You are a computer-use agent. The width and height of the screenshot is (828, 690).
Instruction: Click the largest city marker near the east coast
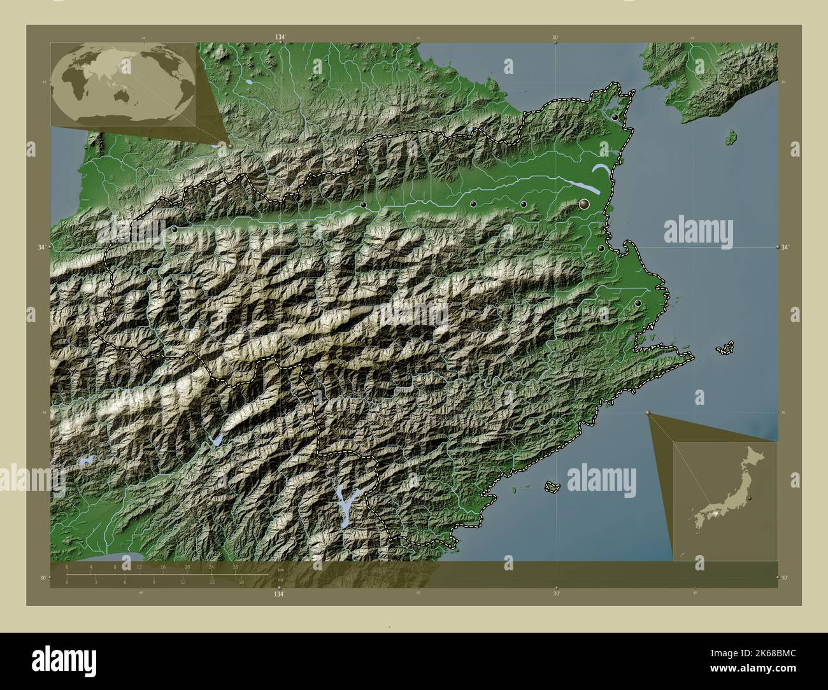click(x=584, y=204)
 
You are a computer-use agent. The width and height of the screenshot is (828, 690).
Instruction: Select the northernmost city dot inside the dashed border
click(x=615, y=118)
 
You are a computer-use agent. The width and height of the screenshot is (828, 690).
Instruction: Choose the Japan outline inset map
click(x=725, y=502)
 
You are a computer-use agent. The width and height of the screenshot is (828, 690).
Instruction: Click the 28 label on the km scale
click(x=235, y=567)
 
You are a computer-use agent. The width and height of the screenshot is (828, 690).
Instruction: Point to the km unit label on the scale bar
click(x=281, y=570)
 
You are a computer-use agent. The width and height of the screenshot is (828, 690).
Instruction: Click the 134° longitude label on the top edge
click(x=280, y=38)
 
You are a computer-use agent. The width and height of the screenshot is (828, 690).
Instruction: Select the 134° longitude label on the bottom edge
click(x=279, y=594)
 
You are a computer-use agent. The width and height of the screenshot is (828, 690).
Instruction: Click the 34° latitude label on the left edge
click(x=43, y=246)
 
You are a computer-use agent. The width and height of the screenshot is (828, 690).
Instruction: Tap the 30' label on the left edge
click(x=42, y=577)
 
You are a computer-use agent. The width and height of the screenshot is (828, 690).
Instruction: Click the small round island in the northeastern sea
click(x=732, y=136)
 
